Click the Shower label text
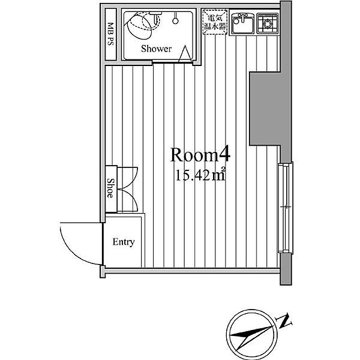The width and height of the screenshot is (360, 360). tap(156, 49)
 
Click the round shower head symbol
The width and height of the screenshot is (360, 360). tap(175, 21)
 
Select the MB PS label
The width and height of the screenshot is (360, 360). tap(110, 34)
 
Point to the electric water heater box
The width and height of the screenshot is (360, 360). tap(215, 22)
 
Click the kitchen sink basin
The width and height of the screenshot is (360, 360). tap(243, 24)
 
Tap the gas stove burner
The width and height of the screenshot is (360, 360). tap(268, 23)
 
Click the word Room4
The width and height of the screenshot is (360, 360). tap(200, 155)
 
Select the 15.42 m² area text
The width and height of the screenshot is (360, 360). tap(200, 175)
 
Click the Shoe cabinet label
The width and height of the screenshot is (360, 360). tap(110, 188)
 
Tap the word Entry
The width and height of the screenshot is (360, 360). tap(124, 242)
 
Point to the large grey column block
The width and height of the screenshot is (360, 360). tap(266, 109)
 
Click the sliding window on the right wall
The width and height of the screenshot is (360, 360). tap(286, 208)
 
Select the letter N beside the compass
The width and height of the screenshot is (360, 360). tap(284, 320)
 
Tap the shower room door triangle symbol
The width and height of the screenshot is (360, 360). tap(185, 54)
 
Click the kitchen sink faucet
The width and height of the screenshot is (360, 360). tap(242, 17)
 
